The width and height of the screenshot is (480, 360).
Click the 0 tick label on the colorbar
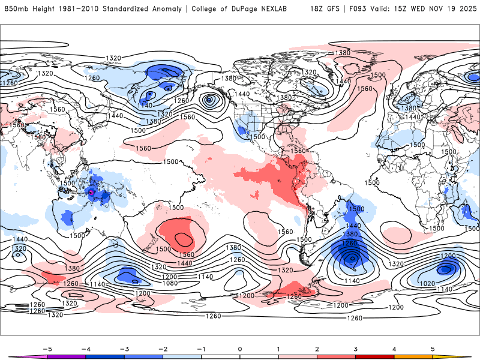pos(239,349)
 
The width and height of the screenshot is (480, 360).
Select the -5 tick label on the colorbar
pos(48,349)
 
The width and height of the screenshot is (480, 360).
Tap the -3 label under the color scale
pos(124,349)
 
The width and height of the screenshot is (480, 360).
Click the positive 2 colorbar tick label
pos(317,349)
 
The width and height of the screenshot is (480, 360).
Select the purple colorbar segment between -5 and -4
pos(67,357)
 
